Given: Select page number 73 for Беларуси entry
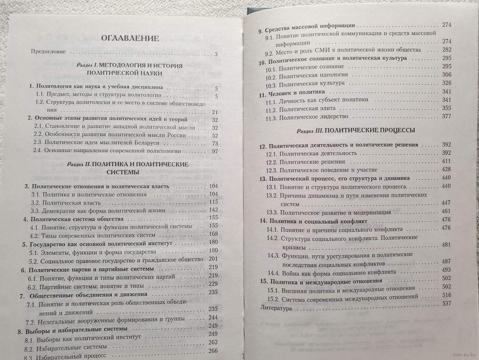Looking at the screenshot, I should pos(215,143).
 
